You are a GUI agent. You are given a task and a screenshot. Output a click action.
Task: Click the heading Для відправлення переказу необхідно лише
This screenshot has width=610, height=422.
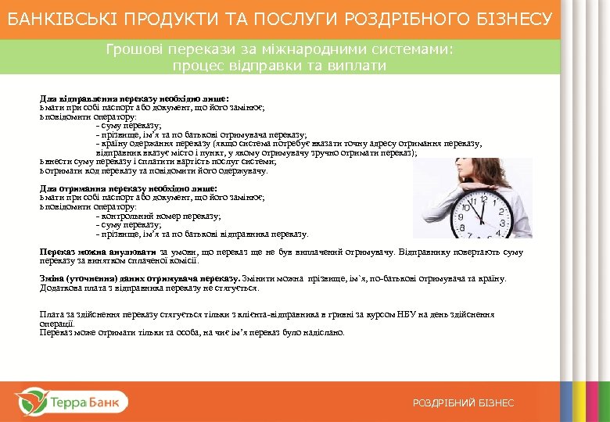tap(134, 98)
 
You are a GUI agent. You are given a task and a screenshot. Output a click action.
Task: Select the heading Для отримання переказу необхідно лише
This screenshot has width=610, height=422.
tap(128, 188)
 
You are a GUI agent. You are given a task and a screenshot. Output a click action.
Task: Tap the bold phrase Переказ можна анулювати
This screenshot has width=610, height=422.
tap(99, 252)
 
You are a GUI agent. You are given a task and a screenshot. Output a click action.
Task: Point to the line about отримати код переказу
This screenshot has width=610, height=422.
tap(156, 170)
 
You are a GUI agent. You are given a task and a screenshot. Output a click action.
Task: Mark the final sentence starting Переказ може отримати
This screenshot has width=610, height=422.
tap(192, 332)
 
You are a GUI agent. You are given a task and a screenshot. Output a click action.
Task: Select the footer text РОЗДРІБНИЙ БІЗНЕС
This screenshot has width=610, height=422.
tap(464, 403)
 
